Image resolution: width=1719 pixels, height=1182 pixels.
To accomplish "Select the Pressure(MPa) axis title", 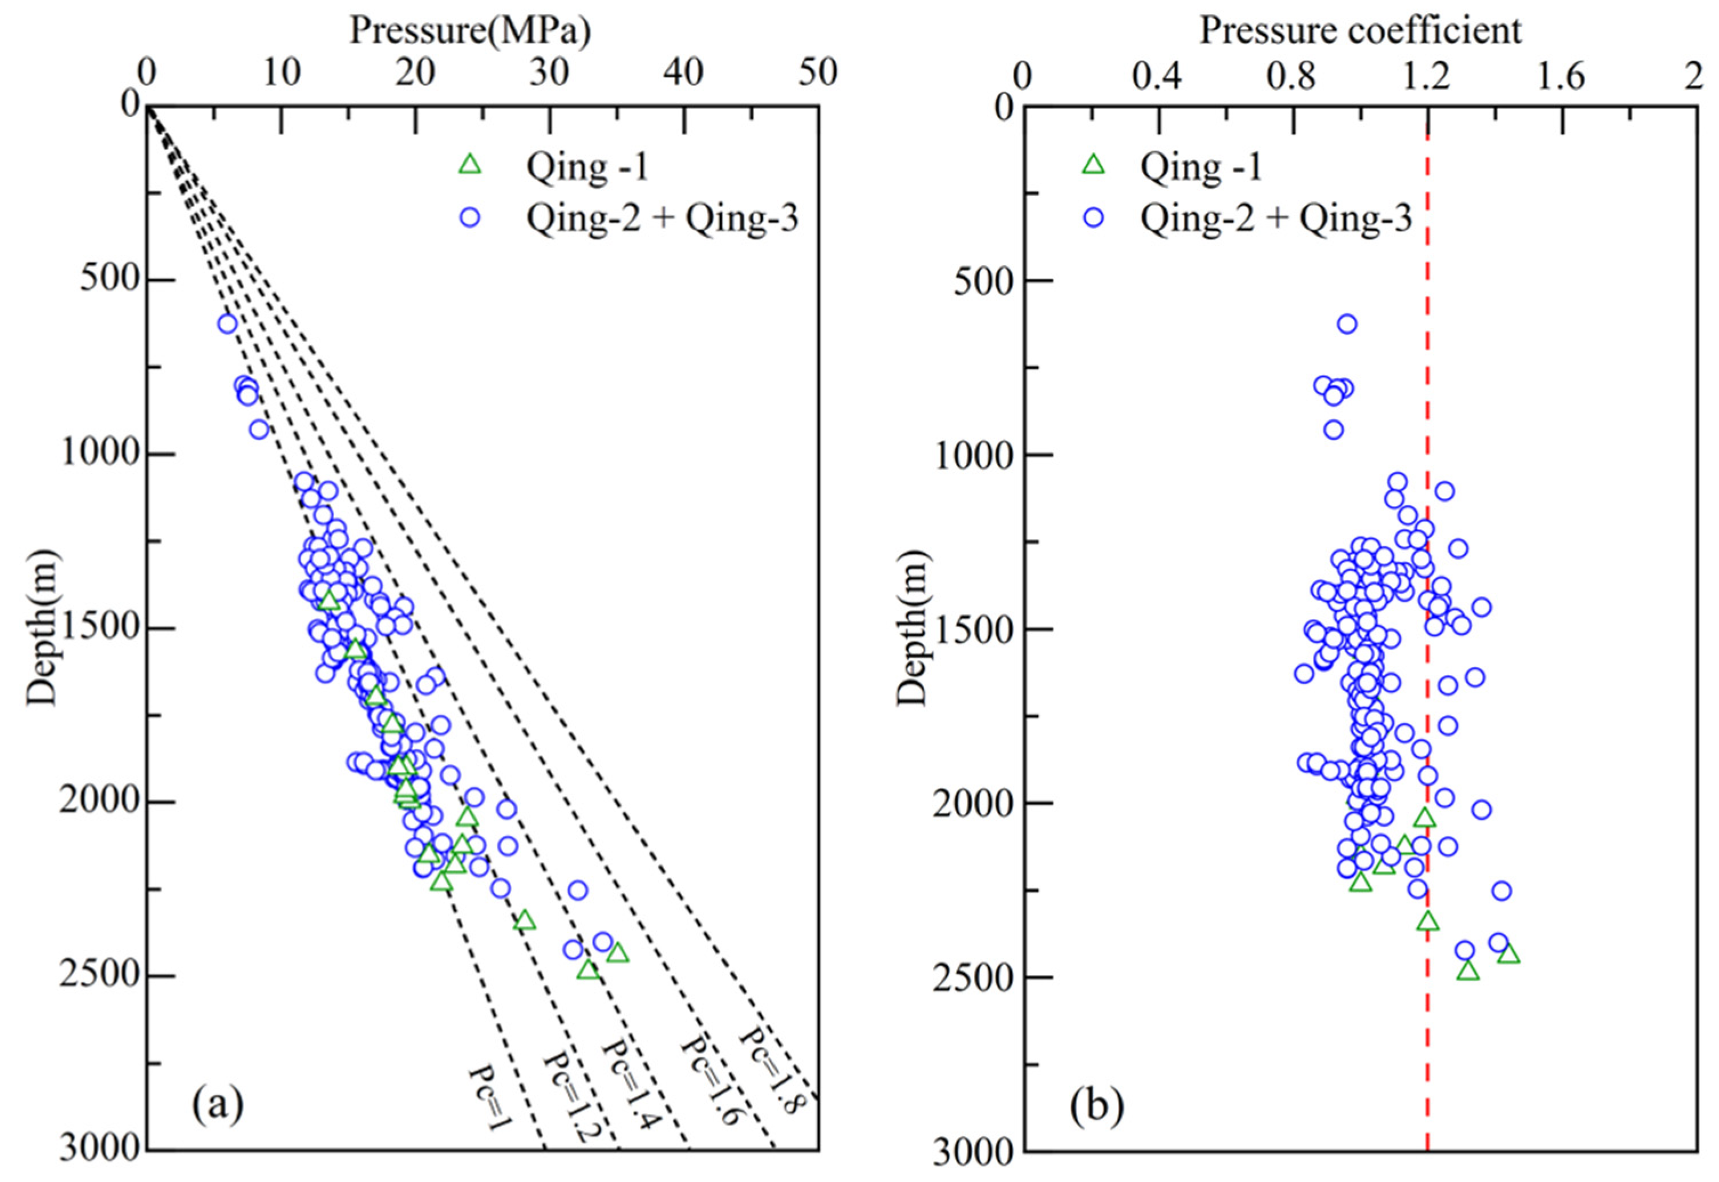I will click(x=470, y=31).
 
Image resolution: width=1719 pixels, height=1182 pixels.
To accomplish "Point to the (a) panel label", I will click(x=217, y=1104).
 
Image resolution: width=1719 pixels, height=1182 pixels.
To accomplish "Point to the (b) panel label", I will click(x=1096, y=1104).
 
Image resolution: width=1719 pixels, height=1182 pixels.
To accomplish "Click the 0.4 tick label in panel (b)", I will click(x=1157, y=75).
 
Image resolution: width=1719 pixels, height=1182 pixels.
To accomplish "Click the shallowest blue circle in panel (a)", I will click(x=226, y=323).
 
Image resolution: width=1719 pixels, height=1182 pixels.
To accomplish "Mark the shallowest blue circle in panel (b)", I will click(x=1347, y=323).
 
